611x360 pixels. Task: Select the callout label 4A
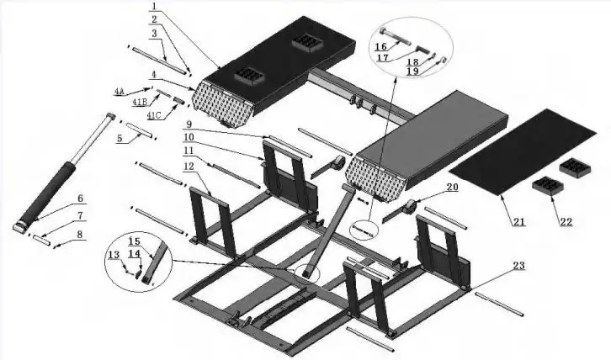120,89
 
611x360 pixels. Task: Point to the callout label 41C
155,114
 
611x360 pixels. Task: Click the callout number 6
81,199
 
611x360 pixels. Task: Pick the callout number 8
81,235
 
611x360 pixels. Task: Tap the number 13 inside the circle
114,255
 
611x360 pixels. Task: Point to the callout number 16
380,47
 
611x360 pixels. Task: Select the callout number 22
566,222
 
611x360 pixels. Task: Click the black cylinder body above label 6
53,190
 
